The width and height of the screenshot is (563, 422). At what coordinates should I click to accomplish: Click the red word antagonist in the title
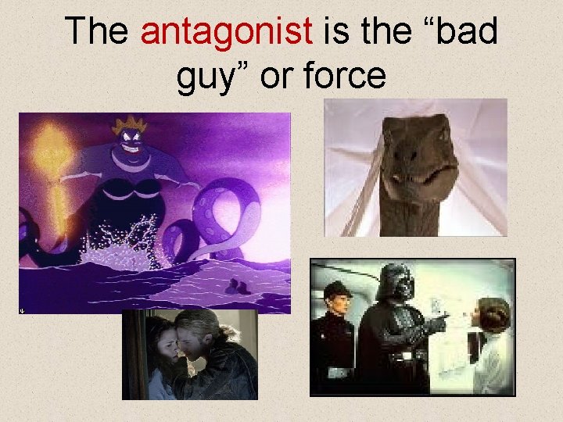[x=227, y=31]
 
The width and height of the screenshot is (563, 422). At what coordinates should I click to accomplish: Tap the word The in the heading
[x=97, y=31]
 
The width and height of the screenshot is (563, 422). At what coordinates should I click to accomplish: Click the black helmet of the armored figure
[x=394, y=281]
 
